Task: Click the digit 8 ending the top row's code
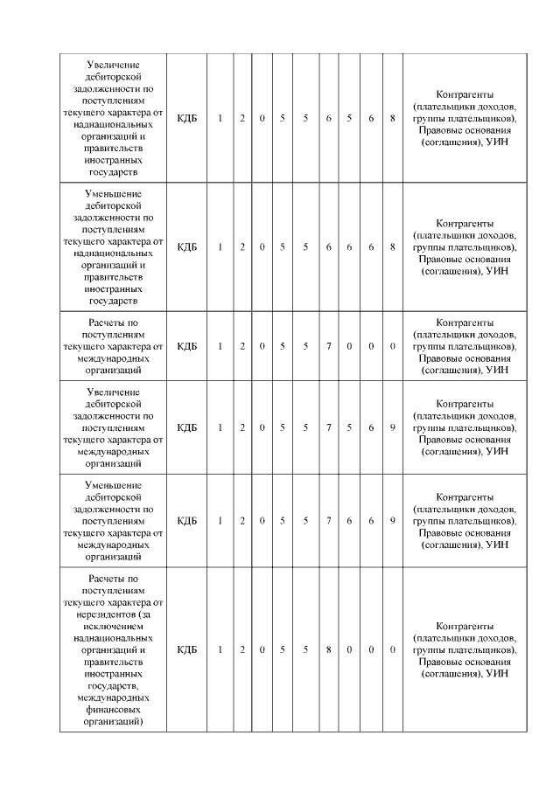(x=393, y=118)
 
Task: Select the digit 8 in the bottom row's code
(x=328, y=650)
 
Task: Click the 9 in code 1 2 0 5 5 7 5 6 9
(x=393, y=427)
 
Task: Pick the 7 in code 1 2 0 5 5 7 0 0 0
(x=328, y=346)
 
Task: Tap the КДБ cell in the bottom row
(x=187, y=650)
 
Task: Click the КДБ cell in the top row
(x=187, y=118)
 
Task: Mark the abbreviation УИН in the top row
(x=497, y=142)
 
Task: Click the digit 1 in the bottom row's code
(x=220, y=650)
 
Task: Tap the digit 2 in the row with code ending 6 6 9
(x=242, y=521)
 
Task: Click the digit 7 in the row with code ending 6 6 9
(x=328, y=521)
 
